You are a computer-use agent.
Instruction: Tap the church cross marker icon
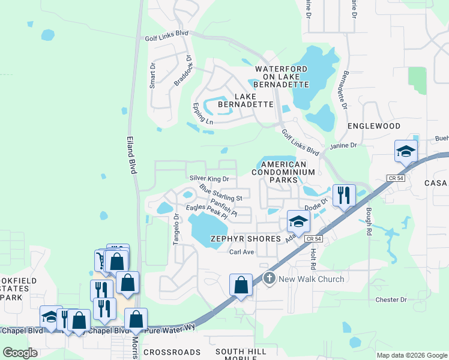(269, 278)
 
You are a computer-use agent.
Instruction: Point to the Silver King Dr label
(209, 179)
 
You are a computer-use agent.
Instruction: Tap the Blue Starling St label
(221, 193)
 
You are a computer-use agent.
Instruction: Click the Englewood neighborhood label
(374, 126)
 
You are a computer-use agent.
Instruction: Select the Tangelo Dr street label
(176, 229)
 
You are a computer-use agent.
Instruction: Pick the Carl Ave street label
(243, 252)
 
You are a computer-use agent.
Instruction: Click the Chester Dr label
(391, 299)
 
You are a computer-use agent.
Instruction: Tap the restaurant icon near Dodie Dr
(344, 196)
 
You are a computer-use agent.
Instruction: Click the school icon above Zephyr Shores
(298, 221)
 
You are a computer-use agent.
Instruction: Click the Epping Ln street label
(202, 113)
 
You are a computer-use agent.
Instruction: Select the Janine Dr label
(343, 146)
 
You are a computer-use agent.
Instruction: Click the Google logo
(20, 353)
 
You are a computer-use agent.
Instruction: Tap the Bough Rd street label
(367, 217)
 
